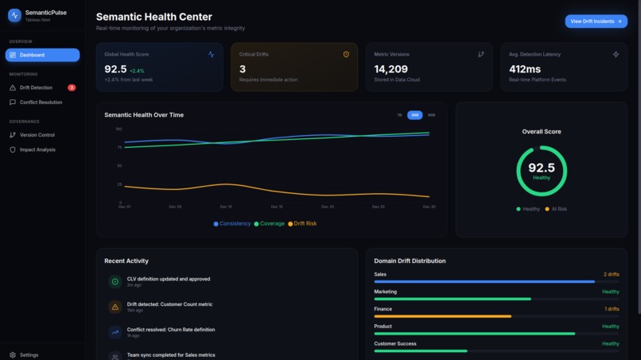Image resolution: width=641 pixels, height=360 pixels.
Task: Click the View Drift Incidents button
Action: [x=596, y=21]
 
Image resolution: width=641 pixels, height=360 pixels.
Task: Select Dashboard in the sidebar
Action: [x=42, y=55]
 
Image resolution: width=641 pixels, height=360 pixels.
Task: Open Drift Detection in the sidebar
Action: [x=36, y=87]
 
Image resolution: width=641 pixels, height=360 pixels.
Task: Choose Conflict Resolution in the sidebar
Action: [x=41, y=103]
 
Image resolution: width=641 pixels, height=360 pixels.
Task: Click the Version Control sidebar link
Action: [x=37, y=135]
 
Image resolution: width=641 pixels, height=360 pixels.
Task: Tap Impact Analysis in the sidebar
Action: [x=37, y=149]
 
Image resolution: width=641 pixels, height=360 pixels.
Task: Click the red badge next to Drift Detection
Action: [x=72, y=87]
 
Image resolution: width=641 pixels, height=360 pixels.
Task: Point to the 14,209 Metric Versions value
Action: [x=391, y=69]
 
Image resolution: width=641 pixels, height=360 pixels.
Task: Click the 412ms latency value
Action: [x=525, y=69]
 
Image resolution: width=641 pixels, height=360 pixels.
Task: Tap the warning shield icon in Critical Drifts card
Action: [x=346, y=55]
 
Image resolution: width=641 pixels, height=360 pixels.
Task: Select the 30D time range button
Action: [x=414, y=115]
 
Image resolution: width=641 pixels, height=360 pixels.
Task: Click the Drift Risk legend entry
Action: [x=302, y=224]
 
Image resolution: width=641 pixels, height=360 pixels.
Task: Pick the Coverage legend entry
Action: [x=269, y=224]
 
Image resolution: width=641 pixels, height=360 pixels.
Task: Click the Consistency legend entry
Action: [x=232, y=224]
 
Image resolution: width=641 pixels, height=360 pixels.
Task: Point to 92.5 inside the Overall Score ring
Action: [x=542, y=168]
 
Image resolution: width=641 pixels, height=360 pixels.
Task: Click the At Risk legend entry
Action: [x=557, y=209]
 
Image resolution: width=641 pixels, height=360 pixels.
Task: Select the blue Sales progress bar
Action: [x=484, y=281]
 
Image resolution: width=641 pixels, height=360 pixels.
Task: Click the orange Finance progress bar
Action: [x=443, y=316]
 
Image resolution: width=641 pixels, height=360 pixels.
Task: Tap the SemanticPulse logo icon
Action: [x=14, y=15]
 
